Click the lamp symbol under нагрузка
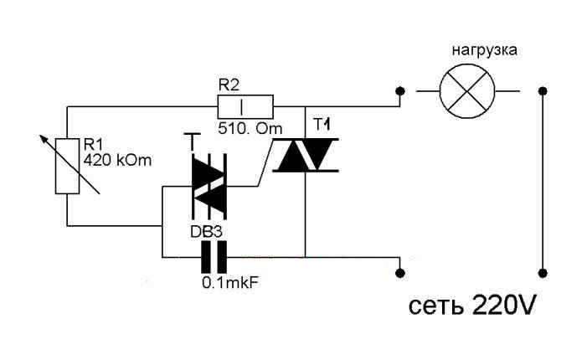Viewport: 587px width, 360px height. tap(467, 90)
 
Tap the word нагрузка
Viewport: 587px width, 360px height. tap(484, 49)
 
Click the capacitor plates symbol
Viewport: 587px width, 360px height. tap(213, 256)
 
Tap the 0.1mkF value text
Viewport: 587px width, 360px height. tap(229, 282)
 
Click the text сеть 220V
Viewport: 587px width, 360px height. tap(472, 305)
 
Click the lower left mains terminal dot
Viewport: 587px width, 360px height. tap(401, 271)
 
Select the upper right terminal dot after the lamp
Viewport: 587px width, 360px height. tap(543, 90)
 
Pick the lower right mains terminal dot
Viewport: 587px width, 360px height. tap(543, 271)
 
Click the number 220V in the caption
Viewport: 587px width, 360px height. tap(502, 305)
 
